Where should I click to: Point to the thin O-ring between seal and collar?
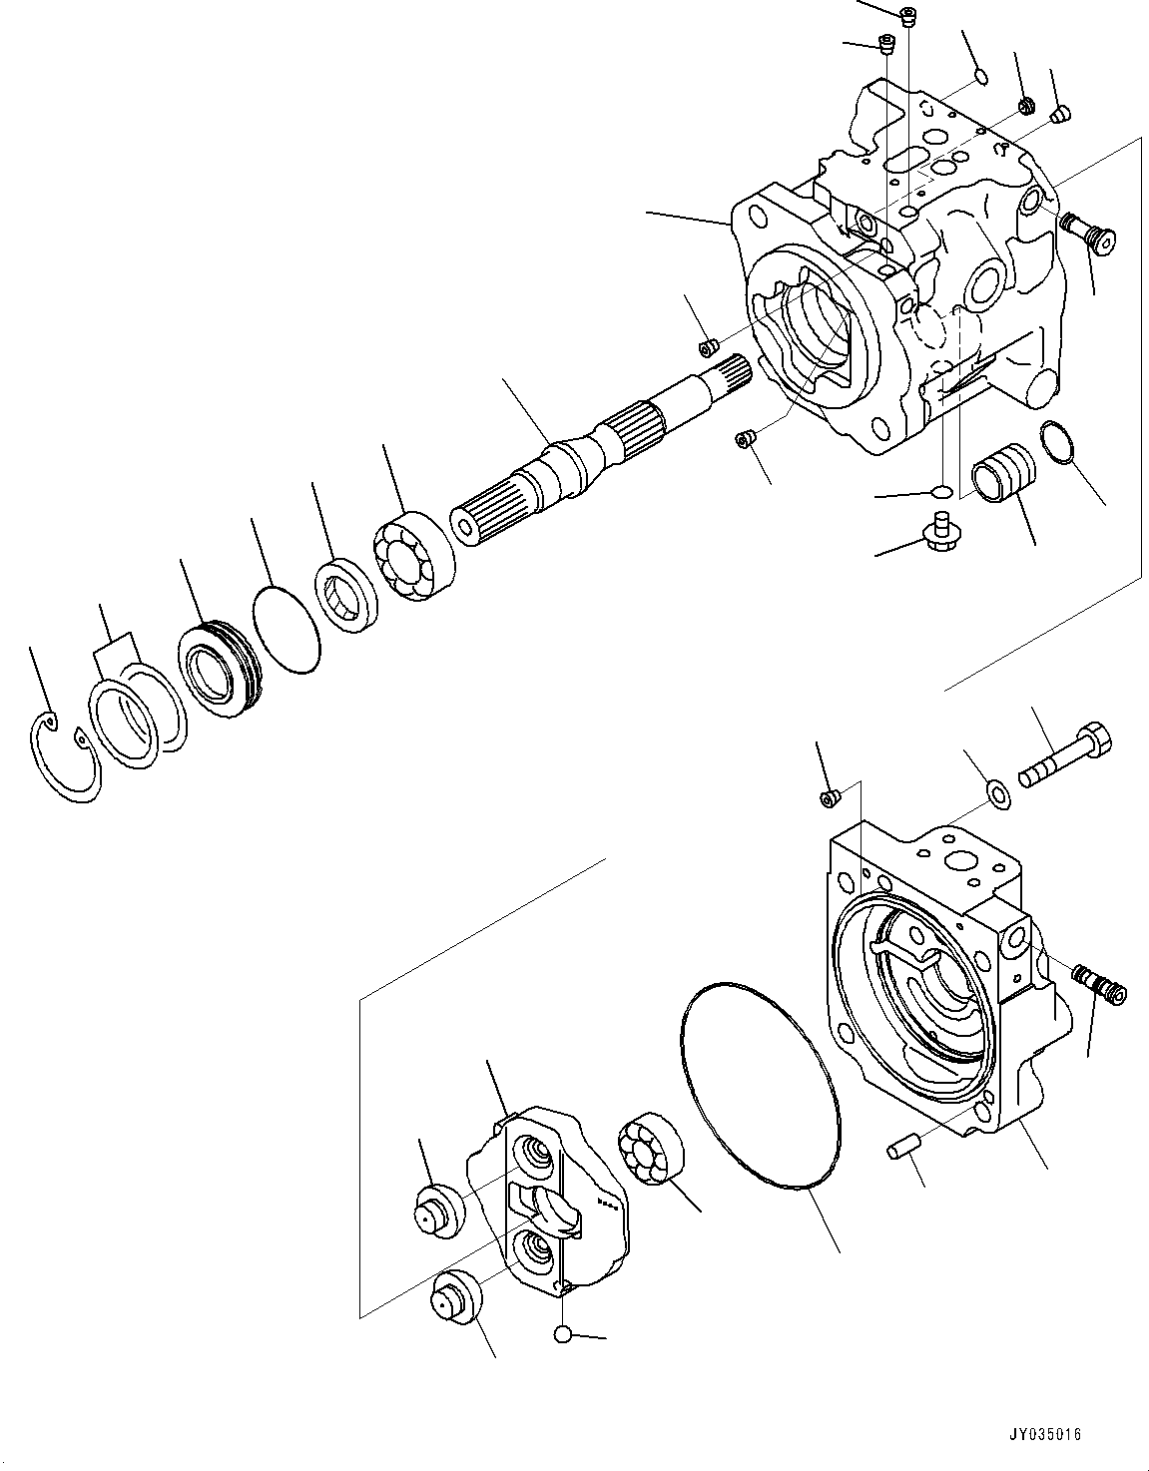(x=286, y=630)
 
